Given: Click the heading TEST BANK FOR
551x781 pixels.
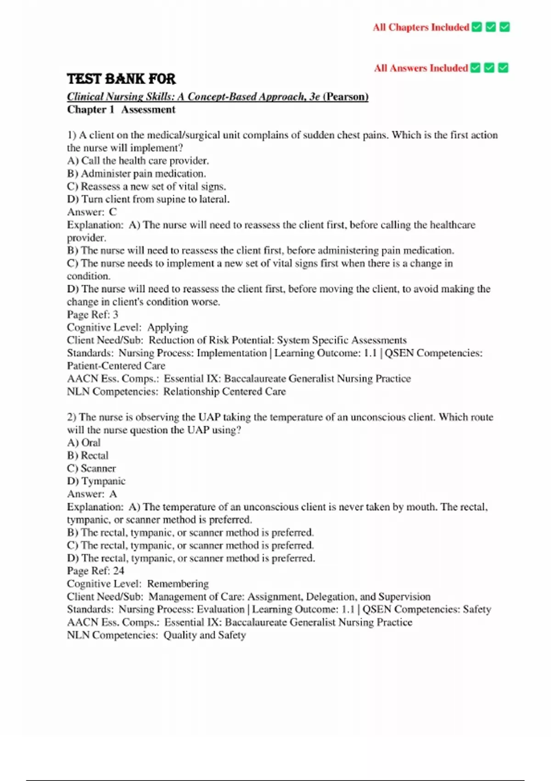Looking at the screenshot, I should [121, 79].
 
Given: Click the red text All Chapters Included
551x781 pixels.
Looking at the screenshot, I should [421, 28].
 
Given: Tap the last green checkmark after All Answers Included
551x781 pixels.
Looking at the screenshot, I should [503, 68].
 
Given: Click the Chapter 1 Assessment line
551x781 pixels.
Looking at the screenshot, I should [121, 110].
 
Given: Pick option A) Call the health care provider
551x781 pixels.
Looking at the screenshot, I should [138, 161].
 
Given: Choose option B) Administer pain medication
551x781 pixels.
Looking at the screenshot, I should [136, 174].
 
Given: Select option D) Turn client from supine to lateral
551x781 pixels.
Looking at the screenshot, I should [148, 199].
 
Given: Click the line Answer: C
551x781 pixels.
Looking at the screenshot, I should [92, 212].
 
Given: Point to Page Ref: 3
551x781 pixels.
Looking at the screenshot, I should [92, 315].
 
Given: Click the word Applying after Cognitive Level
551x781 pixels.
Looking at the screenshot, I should [168, 328].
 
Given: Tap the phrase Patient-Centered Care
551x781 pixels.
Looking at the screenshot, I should [116, 366].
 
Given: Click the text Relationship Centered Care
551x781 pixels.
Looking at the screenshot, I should [225, 392].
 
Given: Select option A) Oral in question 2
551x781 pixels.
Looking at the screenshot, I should [84, 443].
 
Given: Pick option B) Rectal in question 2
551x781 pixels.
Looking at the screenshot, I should [88, 456].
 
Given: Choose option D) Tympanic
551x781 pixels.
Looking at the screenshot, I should [96, 481].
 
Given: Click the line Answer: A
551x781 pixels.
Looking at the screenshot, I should [92, 494].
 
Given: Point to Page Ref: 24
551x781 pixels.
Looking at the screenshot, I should [96, 571].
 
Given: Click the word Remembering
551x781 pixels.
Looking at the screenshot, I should [178, 584].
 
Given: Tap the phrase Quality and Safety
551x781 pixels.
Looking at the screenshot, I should [204, 635].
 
